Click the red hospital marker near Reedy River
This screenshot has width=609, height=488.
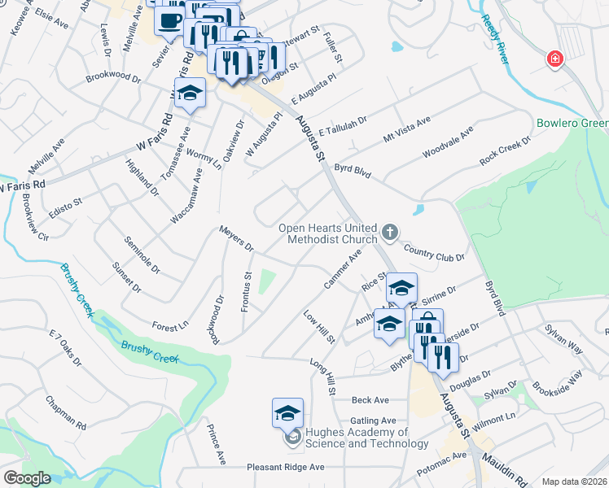(x=554, y=59)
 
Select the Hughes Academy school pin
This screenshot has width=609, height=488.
(x=287, y=414)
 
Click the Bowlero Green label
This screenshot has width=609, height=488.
(x=572, y=124)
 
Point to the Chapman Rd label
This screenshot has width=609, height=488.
(x=66, y=413)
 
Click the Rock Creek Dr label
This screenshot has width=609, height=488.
(x=505, y=150)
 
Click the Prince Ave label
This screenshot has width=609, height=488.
(x=216, y=444)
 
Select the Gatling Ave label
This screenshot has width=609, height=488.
(x=373, y=420)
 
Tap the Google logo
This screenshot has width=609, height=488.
(x=27, y=477)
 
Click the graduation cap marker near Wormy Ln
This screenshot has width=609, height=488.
(x=190, y=94)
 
